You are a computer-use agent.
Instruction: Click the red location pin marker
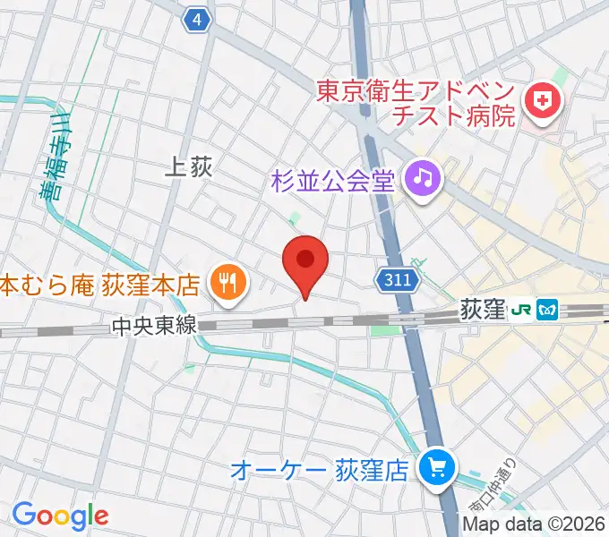(305, 262)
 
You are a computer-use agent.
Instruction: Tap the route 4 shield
(198, 19)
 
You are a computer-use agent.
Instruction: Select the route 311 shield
(394, 280)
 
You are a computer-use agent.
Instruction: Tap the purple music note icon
(423, 178)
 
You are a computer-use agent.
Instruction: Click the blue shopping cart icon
(437, 467)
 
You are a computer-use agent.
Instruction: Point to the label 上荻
(189, 166)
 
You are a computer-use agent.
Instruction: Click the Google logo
(60, 516)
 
